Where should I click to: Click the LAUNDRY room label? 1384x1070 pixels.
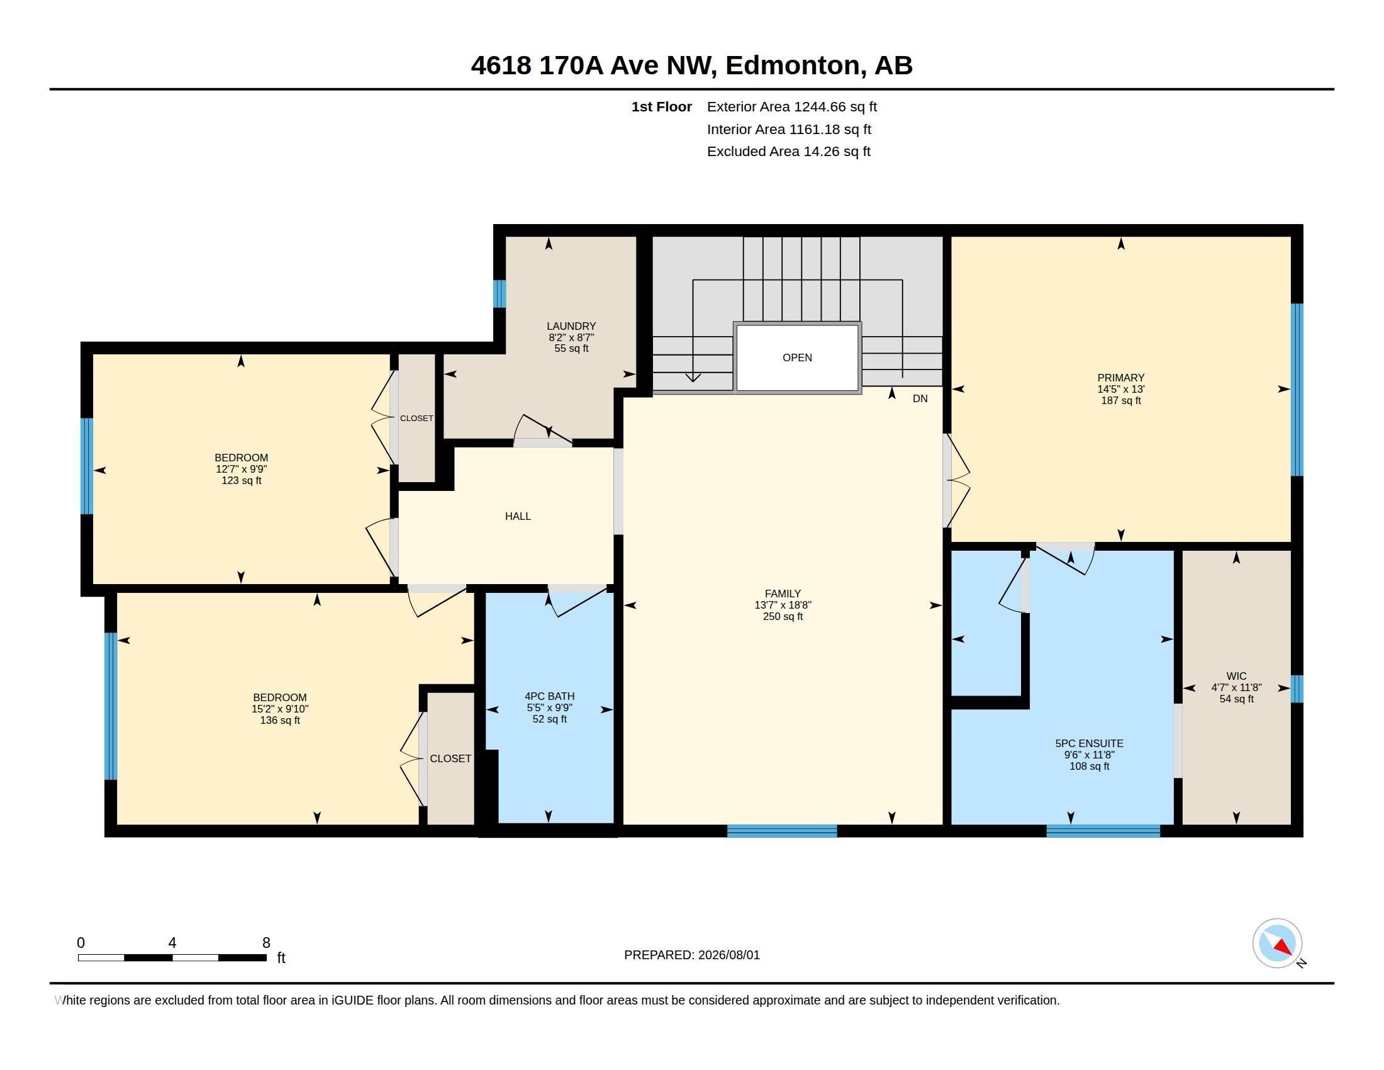point(571,327)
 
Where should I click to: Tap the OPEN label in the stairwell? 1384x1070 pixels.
point(797,358)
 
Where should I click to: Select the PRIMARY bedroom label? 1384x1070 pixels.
point(1121,378)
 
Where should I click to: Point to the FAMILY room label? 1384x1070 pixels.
point(783,594)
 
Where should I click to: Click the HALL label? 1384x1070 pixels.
point(518,517)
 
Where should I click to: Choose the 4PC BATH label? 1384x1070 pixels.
point(549,696)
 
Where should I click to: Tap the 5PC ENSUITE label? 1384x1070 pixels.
point(1090,743)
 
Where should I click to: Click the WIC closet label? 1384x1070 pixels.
point(1236,677)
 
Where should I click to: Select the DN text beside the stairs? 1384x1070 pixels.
point(920,398)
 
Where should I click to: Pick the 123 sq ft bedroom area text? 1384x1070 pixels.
point(242,480)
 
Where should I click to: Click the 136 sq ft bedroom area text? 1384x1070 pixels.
point(280,721)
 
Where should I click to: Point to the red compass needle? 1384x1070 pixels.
point(1283,947)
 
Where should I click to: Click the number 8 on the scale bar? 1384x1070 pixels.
point(266,943)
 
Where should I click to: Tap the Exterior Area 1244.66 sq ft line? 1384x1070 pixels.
point(792,107)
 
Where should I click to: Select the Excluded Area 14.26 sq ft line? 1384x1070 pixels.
point(789,152)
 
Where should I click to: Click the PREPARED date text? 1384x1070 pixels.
point(692,955)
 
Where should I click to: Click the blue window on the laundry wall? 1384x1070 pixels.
point(499,293)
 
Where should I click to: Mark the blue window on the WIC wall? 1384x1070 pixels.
point(1297,689)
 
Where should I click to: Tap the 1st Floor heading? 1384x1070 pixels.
point(662,107)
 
